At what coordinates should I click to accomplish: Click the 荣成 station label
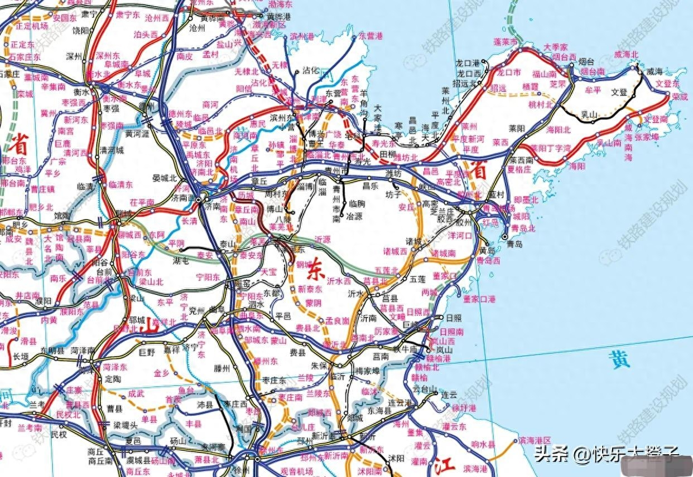point(680,96)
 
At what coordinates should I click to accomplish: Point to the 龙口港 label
point(468,62)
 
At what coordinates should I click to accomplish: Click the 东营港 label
point(370,36)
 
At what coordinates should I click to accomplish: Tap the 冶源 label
point(354,215)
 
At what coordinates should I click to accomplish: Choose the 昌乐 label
point(370,184)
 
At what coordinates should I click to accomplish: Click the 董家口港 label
point(479,299)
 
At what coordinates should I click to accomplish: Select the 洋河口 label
point(460,236)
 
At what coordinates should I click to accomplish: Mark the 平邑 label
point(283,316)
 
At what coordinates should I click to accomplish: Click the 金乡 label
point(161,372)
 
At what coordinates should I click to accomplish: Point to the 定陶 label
point(112,379)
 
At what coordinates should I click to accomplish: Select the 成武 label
point(136,393)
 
